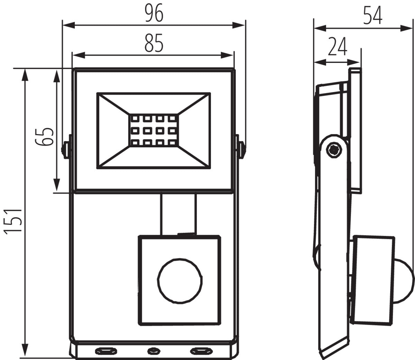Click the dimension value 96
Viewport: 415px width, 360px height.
(x=154, y=14)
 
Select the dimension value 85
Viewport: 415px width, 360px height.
(x=154, y=44)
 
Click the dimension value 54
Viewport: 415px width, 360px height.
(x=372, y=16)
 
